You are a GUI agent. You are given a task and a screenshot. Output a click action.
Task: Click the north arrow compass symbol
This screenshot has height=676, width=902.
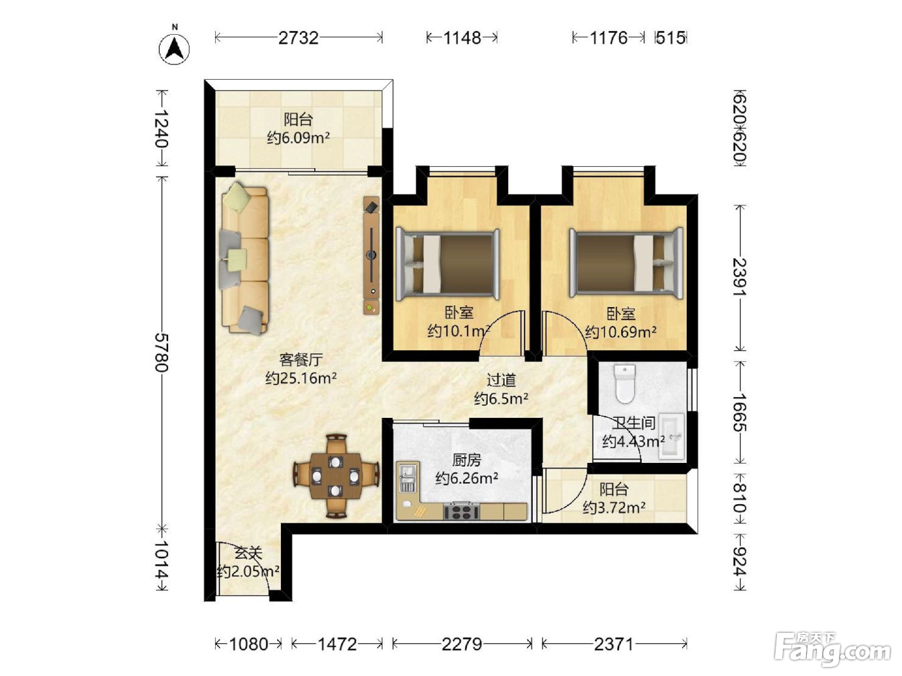point(174,49)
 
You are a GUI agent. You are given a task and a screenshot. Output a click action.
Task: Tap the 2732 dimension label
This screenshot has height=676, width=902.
point(299,38)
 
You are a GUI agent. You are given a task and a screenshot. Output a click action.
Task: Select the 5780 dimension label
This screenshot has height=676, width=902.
point(162,352)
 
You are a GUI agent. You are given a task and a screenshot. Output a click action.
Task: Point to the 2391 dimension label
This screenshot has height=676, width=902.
point(740,277)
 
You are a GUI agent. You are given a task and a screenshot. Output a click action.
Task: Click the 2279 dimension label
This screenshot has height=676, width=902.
point(462,644)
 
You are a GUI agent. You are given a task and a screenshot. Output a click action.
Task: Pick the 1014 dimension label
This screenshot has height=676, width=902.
point(162,559)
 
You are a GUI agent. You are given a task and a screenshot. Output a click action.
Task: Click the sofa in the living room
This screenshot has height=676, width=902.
point(245,258)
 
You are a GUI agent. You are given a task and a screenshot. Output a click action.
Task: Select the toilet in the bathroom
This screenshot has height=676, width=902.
point(624,384)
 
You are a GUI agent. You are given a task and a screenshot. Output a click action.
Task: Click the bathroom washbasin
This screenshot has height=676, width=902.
point(672,435)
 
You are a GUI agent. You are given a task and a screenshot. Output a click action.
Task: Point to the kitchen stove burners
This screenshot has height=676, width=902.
point(461,511)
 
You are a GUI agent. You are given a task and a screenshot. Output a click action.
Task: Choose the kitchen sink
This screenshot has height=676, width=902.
point(407,478)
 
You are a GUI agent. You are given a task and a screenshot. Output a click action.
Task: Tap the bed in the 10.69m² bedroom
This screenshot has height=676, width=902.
point(626,263)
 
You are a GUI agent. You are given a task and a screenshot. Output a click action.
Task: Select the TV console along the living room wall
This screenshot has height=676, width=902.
point(371,256)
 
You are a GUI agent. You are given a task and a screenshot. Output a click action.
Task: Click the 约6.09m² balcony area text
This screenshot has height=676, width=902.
point(298,138)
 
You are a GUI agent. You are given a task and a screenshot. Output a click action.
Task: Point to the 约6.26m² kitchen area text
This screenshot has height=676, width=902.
point(467,478)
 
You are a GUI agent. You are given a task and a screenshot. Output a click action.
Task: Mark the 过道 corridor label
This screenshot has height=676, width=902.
point(501,380)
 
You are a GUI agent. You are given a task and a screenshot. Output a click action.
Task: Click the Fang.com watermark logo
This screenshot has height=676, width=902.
point(832,649)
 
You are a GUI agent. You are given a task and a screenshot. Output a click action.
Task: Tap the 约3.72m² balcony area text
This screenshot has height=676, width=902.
point(614,508)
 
